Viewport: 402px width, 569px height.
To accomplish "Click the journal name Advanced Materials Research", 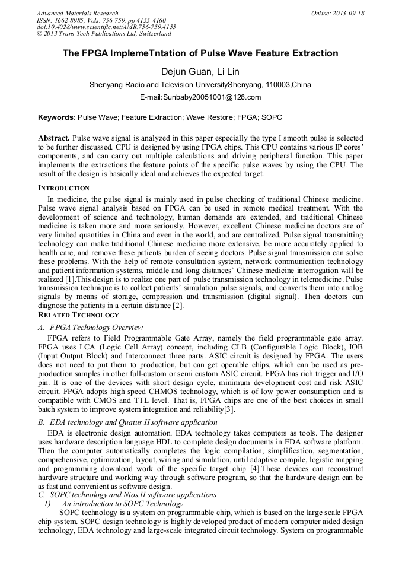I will (77, 13).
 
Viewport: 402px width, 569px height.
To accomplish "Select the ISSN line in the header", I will (101, 20).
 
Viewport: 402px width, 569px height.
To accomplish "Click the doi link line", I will (106, 27).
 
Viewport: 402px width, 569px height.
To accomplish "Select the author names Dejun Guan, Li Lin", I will (200, 72).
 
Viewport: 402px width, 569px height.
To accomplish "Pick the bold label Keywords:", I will (56, 118).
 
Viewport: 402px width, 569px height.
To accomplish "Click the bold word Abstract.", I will (54, 137).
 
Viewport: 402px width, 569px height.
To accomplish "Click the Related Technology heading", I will (78, 315).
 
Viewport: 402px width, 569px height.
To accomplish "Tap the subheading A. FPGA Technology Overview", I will (90, 328).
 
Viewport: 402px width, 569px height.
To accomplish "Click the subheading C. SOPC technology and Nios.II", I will (127, 495).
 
